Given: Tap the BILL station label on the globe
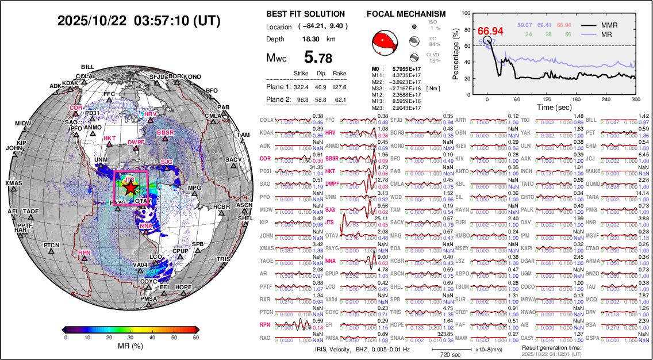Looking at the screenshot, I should (88, 67).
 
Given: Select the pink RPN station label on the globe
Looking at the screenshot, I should (84, 252).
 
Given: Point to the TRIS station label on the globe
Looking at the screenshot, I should (224, 259).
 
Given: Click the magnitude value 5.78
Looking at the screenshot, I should (318, 58).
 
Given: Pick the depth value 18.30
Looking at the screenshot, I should (311, 39).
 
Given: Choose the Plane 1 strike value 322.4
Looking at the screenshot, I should (301, 87).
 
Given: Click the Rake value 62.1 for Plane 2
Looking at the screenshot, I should (340, 99).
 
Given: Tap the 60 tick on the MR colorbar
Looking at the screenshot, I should (195, 338).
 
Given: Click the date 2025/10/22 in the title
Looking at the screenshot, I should (92, 21).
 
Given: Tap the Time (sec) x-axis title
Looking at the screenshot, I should (554, 107).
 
